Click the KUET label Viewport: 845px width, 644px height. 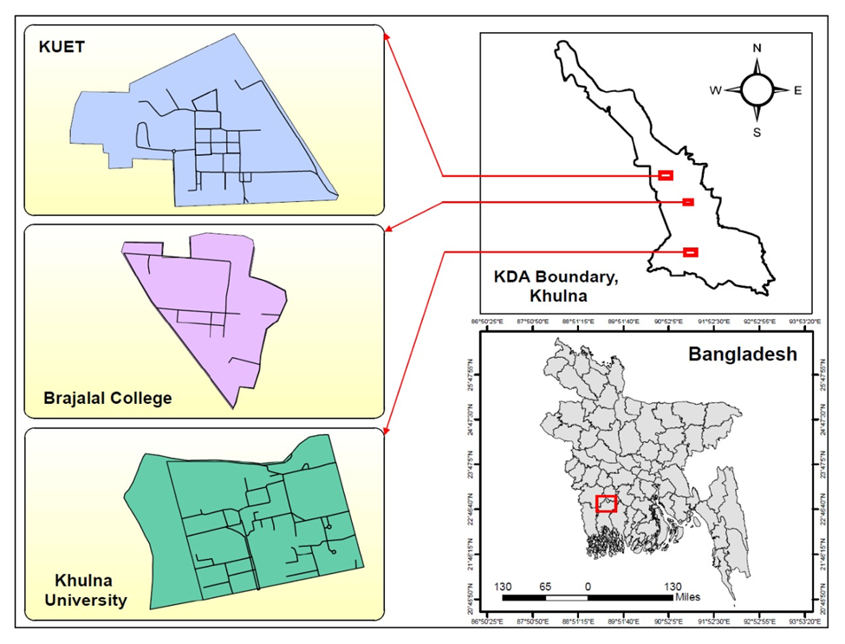pos(61,47)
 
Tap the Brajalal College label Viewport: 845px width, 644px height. pos(107,399)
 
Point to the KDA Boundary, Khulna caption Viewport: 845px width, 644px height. pos(559,285)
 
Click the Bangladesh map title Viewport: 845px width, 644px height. pos(742,355)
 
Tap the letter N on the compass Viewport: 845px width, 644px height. pos(757,49)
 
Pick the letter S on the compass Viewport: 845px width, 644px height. pos(757,133)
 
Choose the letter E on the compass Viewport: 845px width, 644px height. pos(797,90)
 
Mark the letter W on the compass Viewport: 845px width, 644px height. pos(716,90)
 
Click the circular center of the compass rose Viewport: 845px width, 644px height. pos(757,89)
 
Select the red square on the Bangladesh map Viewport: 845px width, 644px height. pos(607,504)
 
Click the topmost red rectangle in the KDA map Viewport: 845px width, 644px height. pos(666,175)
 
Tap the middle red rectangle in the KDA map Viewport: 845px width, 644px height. pos(688,202)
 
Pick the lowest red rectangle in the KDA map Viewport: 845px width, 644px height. pos(691,252)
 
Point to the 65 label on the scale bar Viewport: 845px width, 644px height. pos(545,587)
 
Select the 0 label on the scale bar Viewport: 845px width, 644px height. pos(588,587)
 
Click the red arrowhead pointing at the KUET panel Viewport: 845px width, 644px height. pos(387,37)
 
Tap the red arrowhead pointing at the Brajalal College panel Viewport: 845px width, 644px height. pos(388,230)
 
